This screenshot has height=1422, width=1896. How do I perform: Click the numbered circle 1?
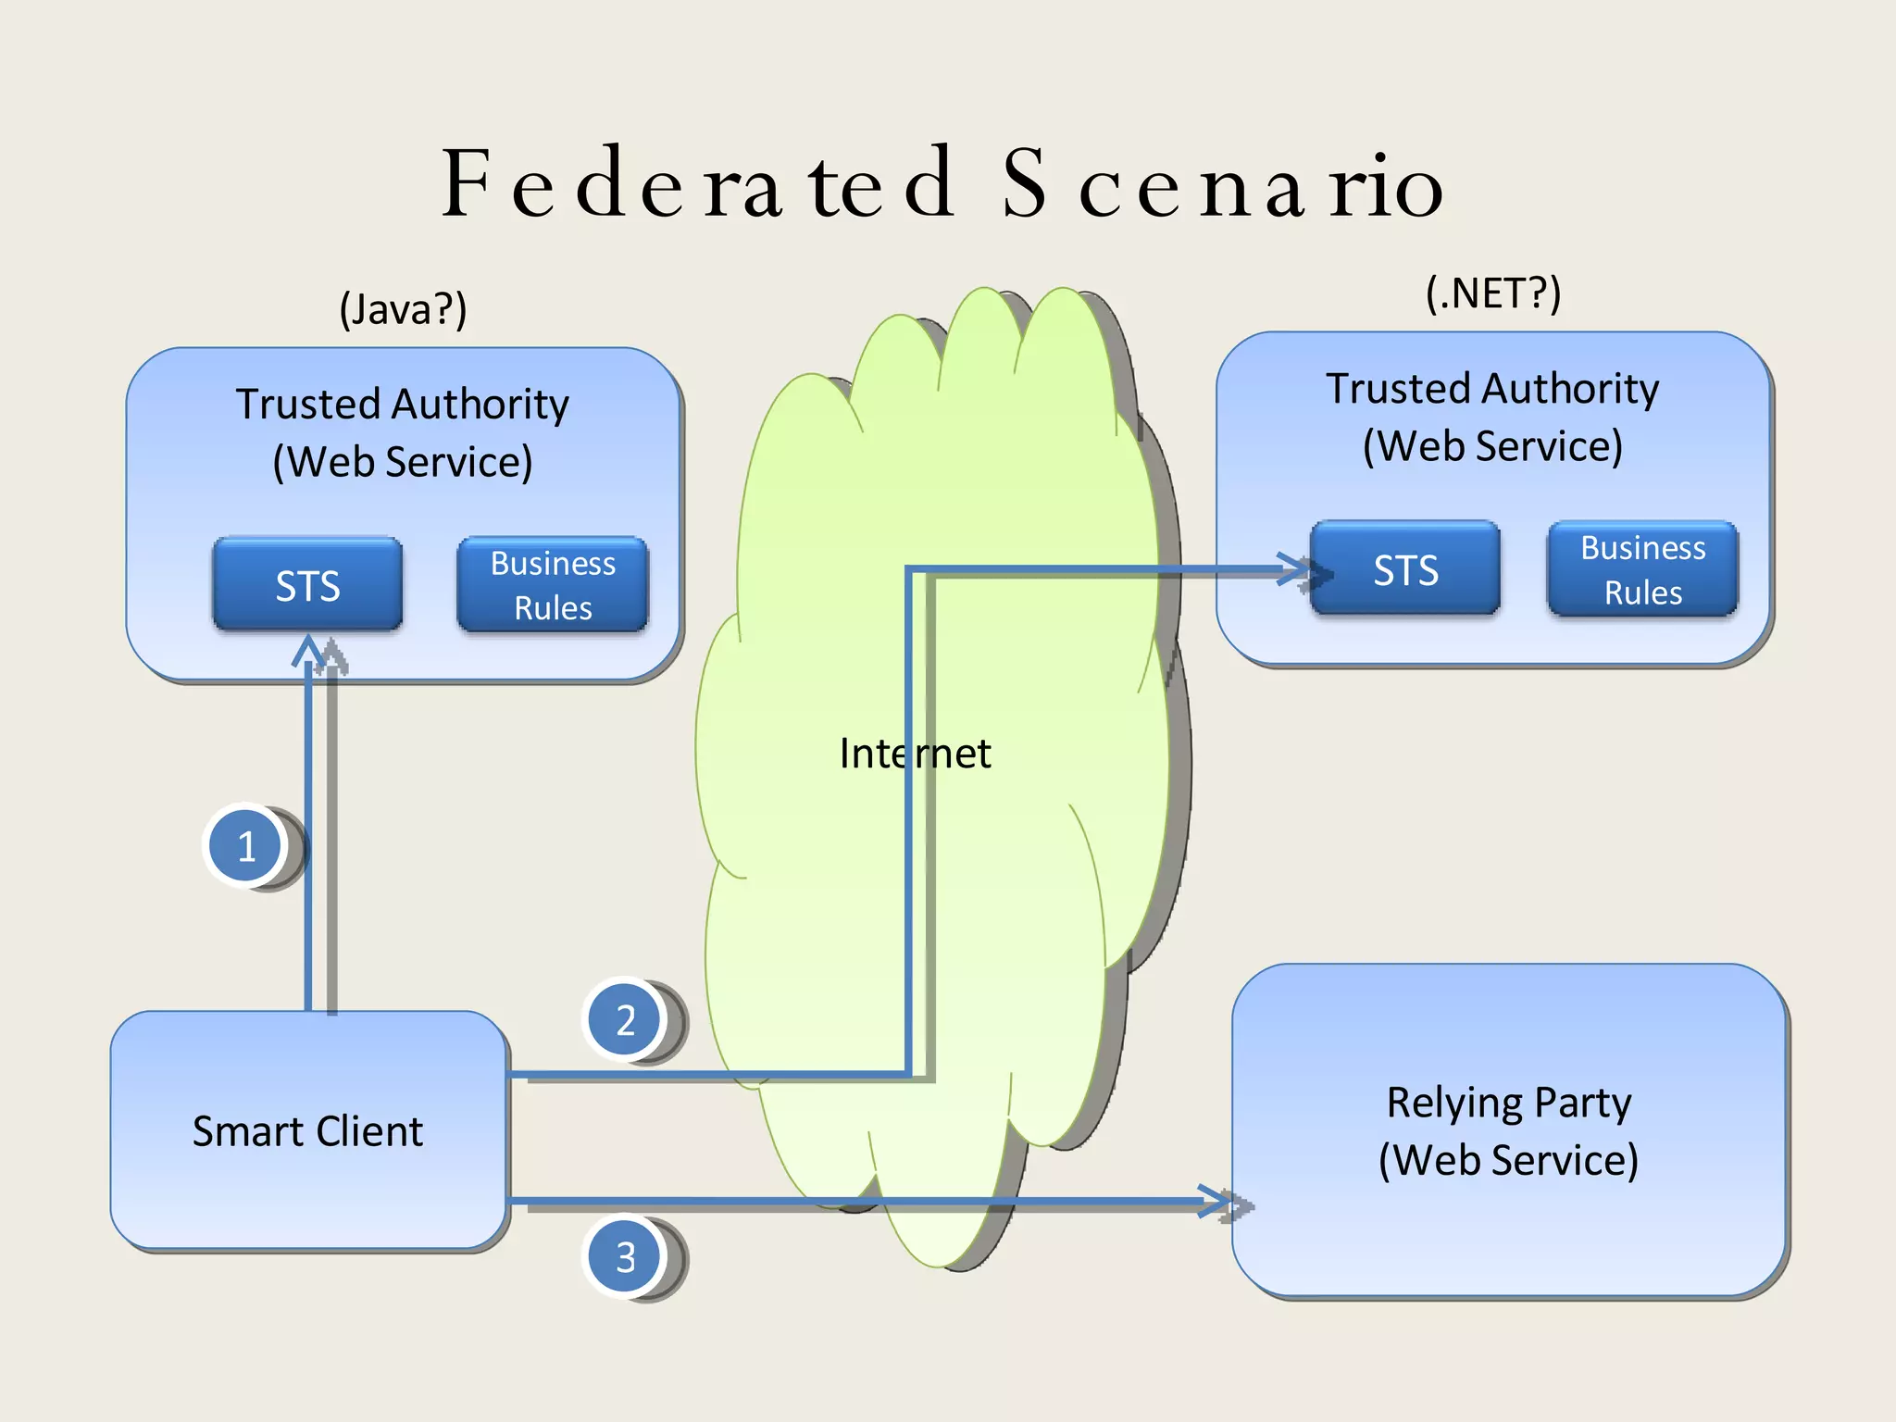(x=245, y=845)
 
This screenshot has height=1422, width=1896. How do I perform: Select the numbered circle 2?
(x=625, y=1019)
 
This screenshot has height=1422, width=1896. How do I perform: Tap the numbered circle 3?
(x=625, y=1256)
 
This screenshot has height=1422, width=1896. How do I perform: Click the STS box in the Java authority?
(x=307, y=585)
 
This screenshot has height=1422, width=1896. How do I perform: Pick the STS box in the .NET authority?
(x=1404, y=569)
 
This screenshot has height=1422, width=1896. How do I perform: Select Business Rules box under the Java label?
(x=553, y=585)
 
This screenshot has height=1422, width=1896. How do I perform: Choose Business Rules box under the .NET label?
(x=1642, y=569)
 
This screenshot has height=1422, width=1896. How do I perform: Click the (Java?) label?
(x=403, y=308)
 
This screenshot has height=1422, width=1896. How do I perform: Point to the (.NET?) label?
(x=1492, y=293)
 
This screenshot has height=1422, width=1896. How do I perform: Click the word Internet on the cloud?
(x=915, y=753)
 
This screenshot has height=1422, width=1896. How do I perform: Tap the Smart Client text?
(x=307, y=1131)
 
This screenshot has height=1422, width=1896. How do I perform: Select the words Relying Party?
(x=1508, y=1103)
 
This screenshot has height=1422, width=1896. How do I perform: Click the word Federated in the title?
(x=699, y=184)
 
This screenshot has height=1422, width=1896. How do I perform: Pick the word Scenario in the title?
(x=1222, y=184)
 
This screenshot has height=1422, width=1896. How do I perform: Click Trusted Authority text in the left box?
(x=402, y=404)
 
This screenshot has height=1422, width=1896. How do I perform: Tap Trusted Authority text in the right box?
(x=1492, y=388)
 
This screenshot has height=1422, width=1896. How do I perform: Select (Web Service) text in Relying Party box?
(x=1508, y=1160)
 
